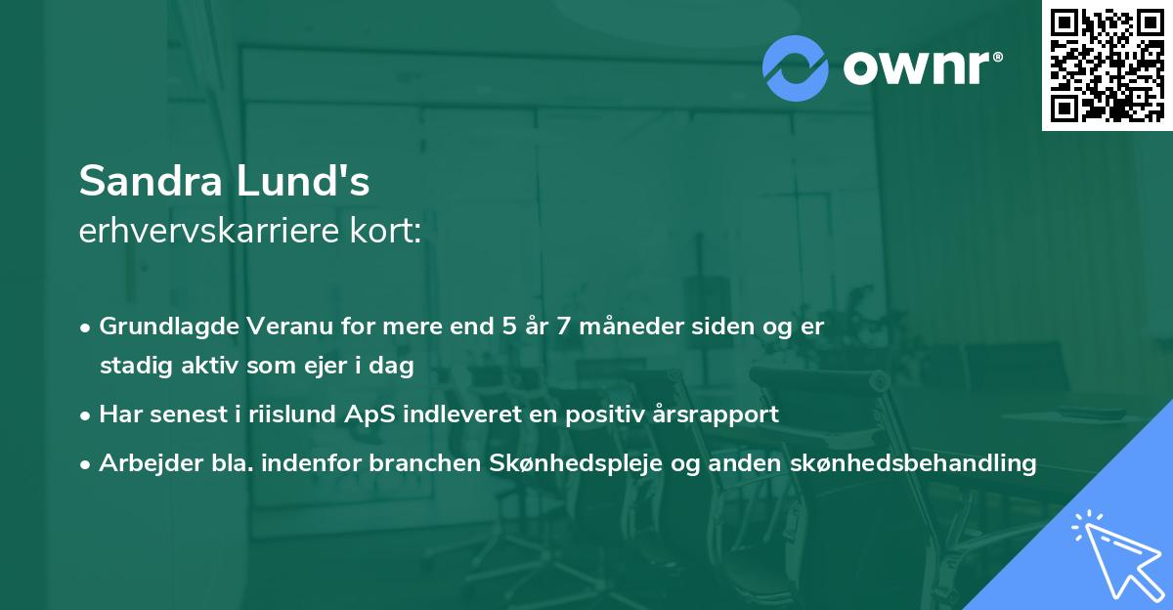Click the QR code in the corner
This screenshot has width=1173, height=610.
1107,65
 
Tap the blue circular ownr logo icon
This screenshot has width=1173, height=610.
796,68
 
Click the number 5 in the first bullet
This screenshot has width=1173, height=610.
508,327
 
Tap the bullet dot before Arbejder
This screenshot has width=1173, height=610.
86,464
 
